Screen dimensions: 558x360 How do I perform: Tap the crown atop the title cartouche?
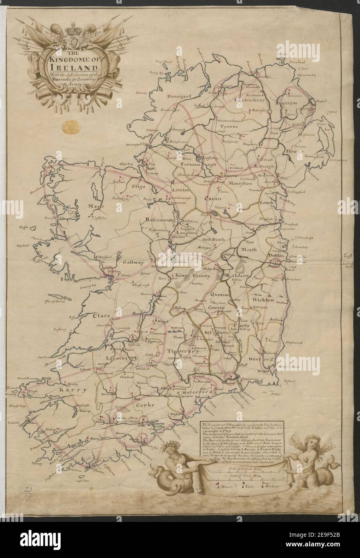(x=73, y=29)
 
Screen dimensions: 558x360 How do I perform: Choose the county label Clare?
(x=102, y=316)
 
